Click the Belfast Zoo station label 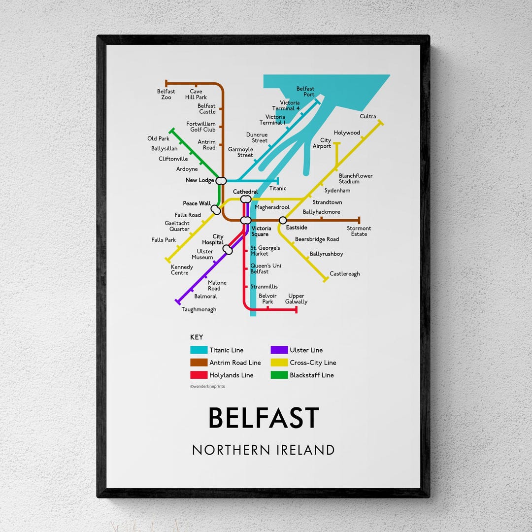pyautogui.click(x=166, y=94)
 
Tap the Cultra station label pyautogui.click(x=367, y=117)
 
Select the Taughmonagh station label pyautogui.click(x=199, y=309)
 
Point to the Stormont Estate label pyautogui.click(x=359, y=231)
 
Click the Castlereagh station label pyautogui.click(x=344, y=274)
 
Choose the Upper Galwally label pyautogui.click(x=296, y=299)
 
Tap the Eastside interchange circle pyautogui.click(x=283, y=220)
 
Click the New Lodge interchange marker pyautogui.click(x=221, y=180)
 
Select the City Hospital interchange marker pyautogui.click(x=228, y=250)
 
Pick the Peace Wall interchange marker pyautogui.click(x=216, y=210)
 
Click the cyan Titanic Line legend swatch pyautogui.click(x=199, y=350)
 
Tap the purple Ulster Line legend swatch pyautogui.click(x=279, y=350)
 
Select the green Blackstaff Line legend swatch pyautogui.click(x=279, y=375)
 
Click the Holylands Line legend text pyautogui.click(x=231, y=375)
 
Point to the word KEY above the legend pyautogui.click(x=197, y=337)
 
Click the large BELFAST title pyautogui.click(x=264, y=418)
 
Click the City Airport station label pyautogui.click(x=322, y=143)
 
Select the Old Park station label pyautogui.click(x=158, y=139)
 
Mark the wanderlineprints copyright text pyautogui.click(x=207, y=387)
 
